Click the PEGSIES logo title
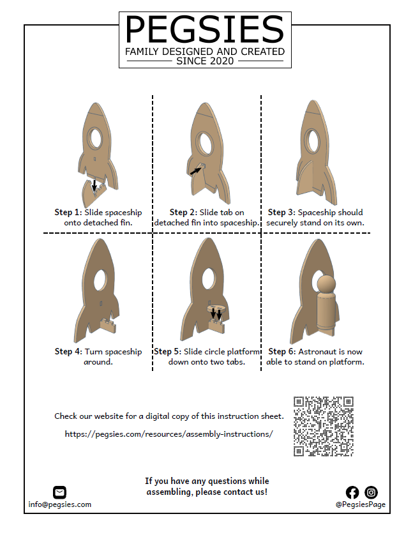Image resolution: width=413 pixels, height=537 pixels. click(x=205, y=29)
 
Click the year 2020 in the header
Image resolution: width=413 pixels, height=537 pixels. click(x=220, y=61)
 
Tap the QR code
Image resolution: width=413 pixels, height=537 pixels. click(x=324, y=427)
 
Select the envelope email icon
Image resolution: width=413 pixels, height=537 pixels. click(x=59, y=492)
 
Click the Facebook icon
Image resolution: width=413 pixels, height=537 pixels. click(x=352, y=492)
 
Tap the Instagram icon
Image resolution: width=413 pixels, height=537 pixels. click(x=371, y=492)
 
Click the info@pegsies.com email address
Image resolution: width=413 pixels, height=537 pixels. click(x=60, y=504)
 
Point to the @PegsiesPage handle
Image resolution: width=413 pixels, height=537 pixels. click(x=361, y=504)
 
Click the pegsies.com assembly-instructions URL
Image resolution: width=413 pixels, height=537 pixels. click(x=169, y=434)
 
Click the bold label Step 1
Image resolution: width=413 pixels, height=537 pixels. click(x=68, y=213)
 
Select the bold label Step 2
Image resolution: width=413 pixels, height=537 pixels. click(x=183, y=213)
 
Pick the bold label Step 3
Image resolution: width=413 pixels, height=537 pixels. click(x=282, y=213)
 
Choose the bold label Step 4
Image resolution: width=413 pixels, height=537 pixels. click(x=68, y=352)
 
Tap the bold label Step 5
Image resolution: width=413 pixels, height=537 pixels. click(x=167, y=352)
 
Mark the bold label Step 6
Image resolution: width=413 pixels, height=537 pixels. click(x=282, y=352)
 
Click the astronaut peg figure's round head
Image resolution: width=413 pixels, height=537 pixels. click(x=326, y=284)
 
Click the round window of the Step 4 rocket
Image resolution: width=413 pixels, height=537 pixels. click(x=100, y=279)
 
